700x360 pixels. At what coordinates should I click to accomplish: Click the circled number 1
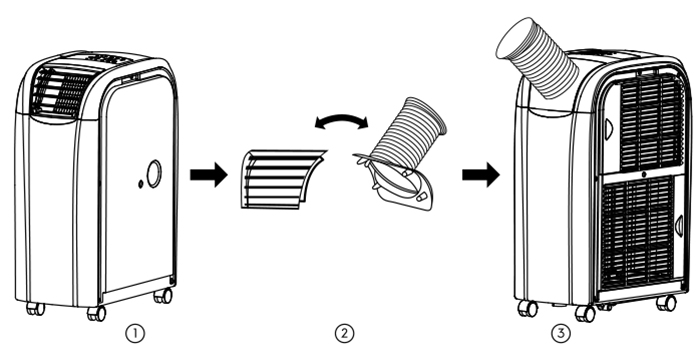point(135,333)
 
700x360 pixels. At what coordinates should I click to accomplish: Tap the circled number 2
point(344,333)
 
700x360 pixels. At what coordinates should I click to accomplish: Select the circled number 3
point(561,333)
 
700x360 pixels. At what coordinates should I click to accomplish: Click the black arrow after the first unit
point(209,175)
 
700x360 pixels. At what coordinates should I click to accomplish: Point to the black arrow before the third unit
point(481,175)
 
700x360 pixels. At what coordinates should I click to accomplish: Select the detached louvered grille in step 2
point(283,179)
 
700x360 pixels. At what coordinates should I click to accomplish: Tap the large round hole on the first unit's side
point(154,174)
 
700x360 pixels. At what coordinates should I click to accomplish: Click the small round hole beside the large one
point(141,184)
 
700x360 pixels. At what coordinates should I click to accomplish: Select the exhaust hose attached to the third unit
point(537,58)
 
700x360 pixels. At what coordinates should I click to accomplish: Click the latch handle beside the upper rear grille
point(609,129)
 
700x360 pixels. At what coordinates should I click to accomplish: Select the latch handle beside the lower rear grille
point(679,226)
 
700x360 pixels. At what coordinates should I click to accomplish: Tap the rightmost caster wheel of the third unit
point(666,303)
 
